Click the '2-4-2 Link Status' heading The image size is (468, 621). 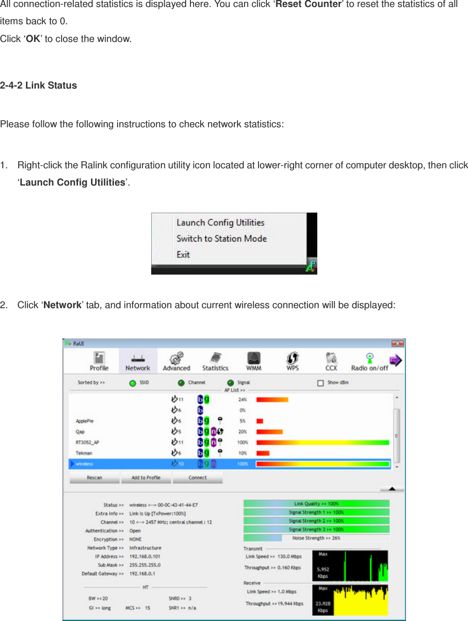pyautogui.click(x=39, y=85)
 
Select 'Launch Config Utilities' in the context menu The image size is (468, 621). pyautogui.click(x=220, y=223)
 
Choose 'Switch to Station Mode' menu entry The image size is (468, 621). pyautogui.click(x=221, y=239)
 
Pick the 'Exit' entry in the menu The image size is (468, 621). pyautogui.click(x=183, y=255)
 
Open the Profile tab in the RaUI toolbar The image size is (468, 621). pyautogui.click(x=99, y=361)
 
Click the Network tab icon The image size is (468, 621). pyautogui.click(x=138, y=361)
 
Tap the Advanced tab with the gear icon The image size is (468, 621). pyautogui.click(x=176, y=361)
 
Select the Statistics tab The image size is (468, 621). pyautogui.click(x=215, y=361)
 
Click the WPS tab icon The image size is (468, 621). pyautogui.click(x=293, y=361)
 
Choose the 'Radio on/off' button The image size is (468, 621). pyautogui.click(x=370, y=361)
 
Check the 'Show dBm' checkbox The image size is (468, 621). pyautogui.click(x=321, y=383)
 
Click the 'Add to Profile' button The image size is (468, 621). pyautogui.click(x=146, y=477)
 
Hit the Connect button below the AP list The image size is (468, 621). pyautogui.click(x=197, y=477)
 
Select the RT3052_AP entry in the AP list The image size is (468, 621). pyautogui.click(x=88, y=442)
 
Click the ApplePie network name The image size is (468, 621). pyautogui.click(x=85, y=421)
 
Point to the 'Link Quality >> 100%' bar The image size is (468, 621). pyautogui.click(x=316, y=504)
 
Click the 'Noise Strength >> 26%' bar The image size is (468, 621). pyautogui.click(x=316, y=538)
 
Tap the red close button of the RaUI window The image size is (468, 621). pyautogui.click(x=397, y=344)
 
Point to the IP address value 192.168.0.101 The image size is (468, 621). pyautogui.click(x=145, y=556)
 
